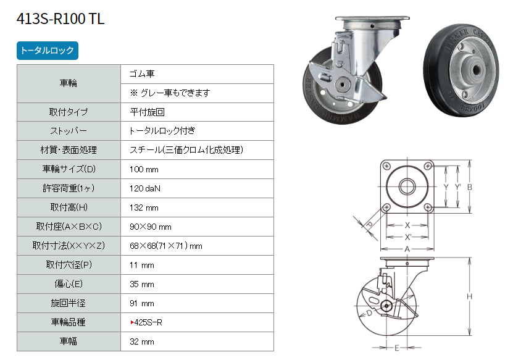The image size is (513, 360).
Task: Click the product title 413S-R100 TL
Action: (60, 19)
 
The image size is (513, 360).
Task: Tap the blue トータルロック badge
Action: (48, 51)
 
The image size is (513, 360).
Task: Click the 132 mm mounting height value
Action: (144, 207)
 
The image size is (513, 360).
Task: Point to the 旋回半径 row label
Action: (69, 303)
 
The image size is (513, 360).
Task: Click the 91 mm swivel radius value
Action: (141, 303)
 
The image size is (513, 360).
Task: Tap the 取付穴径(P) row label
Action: (69, 265)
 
